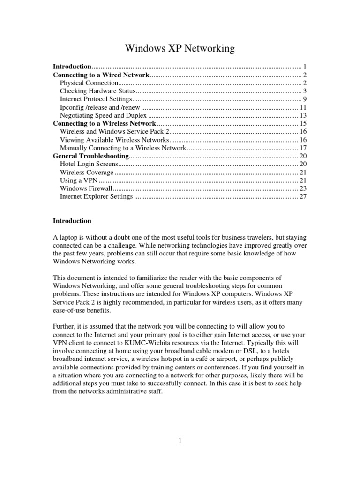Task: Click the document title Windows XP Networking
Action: click(180, 49)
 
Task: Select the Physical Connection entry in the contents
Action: click(89, 83)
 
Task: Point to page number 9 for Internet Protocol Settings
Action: click(304, 99)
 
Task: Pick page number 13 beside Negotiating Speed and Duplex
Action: click(303, 115)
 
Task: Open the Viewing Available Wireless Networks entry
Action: click(114, 140)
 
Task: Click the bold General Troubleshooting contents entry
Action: click(90, 156)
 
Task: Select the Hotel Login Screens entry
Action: click(87, 164)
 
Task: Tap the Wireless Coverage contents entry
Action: click(87, 172)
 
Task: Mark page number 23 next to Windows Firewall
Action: click(303, 188)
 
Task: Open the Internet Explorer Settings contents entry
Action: click(96, 196)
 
